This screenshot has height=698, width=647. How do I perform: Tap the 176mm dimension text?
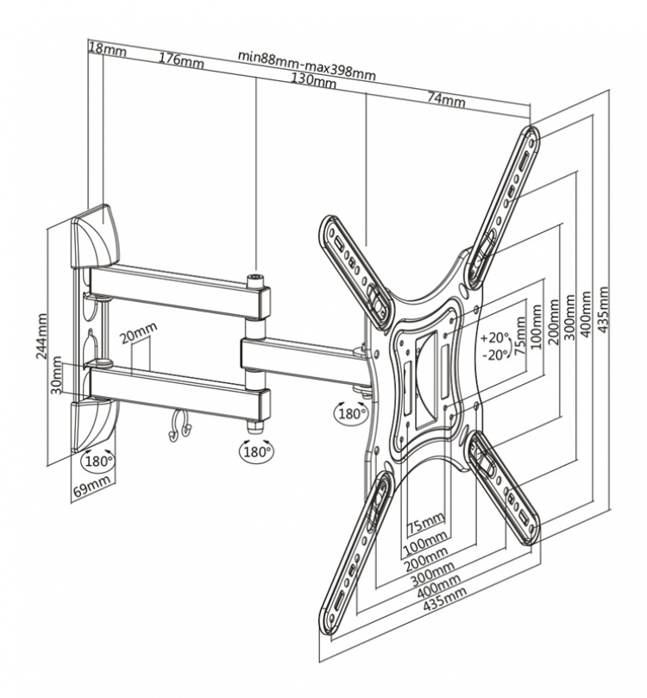coord(181,60)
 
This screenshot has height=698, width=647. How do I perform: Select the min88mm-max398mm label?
coord(307,66)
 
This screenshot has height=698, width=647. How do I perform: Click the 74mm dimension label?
coord(447,100)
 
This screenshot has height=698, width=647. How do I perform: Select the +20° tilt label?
coord(497,337)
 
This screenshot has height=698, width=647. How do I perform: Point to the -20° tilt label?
coord(497,355)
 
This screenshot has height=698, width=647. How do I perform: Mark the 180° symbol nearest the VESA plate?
coord(350,412)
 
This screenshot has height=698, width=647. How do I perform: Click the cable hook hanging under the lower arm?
coord(179,424)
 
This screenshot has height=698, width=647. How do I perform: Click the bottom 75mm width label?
coord(425,520)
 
